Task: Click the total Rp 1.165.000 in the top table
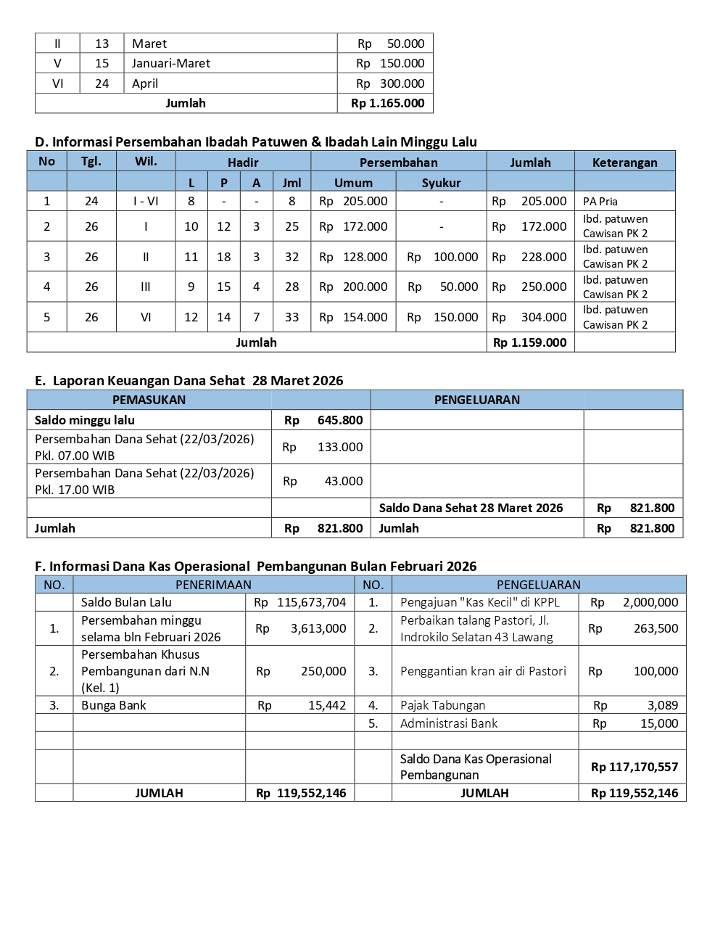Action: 387,103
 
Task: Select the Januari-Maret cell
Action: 171,63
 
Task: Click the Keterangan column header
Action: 624,163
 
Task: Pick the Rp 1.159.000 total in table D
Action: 529,342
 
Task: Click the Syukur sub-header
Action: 441,183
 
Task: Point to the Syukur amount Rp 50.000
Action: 442,287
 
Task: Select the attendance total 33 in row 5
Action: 292,317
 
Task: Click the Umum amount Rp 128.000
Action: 353,257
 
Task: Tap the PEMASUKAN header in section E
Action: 149,400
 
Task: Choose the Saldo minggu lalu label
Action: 85,420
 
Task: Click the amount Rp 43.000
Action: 323,481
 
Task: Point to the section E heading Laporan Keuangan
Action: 189,380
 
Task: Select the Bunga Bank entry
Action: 114,705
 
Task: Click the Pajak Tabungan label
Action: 442,705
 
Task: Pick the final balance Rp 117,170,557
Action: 634,767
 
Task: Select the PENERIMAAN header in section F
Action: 213,585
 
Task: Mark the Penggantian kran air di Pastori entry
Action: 483,671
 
